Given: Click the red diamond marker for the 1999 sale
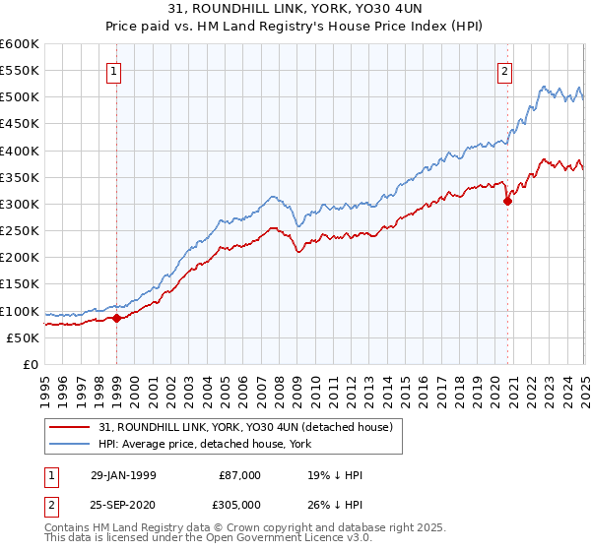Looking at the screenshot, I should (x=117, y=318).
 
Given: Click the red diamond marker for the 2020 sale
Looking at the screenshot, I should (x=507, y=202).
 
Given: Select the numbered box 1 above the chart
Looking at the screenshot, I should (x=115, y=71).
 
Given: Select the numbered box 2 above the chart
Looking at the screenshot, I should (x=504, y=71).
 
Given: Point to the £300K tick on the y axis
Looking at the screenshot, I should (x=19, y=204).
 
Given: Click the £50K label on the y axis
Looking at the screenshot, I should (x=23, y=337).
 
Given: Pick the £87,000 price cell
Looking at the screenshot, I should (x=239, y=475).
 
